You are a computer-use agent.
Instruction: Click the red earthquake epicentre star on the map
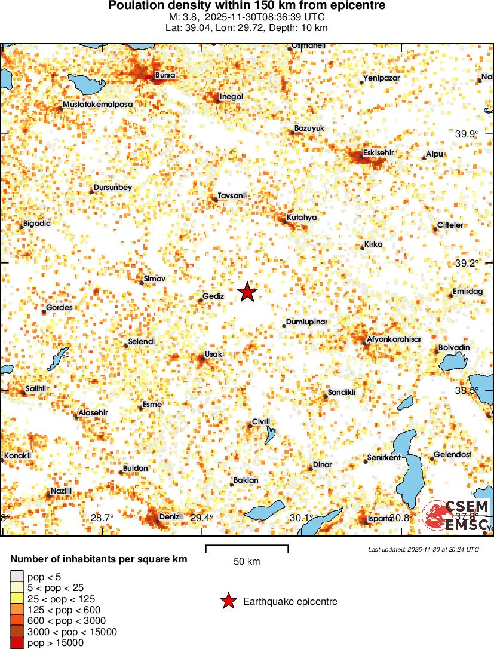[x=247, y=292]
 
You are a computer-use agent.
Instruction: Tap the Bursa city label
[x=165, y=75]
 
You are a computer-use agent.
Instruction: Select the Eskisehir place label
[x=378, y=153]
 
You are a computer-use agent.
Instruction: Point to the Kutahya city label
[x=302, y=218]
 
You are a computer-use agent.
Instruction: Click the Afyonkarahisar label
[x=394, y=339]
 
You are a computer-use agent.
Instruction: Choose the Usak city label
[x=213, y=354]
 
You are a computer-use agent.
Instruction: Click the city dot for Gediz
[x=201, y=300]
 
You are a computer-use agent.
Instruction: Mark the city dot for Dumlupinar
[x=284, y=326]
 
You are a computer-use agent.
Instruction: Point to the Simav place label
[x=155, y=279]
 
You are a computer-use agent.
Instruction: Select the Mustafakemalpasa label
[x=98, y=104]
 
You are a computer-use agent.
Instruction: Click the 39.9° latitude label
[x=467, y=134]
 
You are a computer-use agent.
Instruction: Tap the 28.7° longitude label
[x=102, y=518]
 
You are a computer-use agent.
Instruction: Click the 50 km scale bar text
[x=246, y=562]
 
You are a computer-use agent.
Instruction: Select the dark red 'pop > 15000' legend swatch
[x=17, y=643]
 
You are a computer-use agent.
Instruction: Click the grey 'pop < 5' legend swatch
[x=17, y=577]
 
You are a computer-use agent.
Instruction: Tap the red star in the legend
[x=228, y=601]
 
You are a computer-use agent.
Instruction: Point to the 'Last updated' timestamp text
[x=424, y=549]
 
